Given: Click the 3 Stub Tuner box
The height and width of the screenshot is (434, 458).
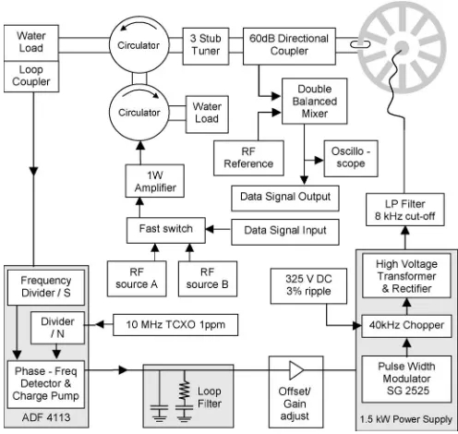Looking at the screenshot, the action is (206, 46).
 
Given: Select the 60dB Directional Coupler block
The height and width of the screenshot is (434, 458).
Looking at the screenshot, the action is (289, 46).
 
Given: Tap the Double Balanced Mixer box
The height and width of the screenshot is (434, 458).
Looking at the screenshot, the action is (314, 102).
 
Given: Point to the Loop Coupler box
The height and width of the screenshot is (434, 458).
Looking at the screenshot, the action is (31, 77).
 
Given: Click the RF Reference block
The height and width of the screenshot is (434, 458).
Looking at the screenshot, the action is (248, 158).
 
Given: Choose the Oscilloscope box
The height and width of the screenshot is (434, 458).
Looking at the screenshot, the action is (351, 158).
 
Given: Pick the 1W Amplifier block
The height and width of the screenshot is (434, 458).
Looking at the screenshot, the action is (154, 181).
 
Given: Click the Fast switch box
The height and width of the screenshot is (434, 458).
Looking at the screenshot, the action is (165, 230).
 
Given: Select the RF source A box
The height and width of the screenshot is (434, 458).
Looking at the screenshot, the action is (137, 279).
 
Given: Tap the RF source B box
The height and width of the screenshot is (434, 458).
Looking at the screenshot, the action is (208, 279).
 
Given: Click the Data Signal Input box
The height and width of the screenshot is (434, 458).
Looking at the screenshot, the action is (285, 232).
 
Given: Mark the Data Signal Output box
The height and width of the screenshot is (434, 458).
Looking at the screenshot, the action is (285, 198).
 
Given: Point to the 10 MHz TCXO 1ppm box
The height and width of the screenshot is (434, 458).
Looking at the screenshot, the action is (175, 325).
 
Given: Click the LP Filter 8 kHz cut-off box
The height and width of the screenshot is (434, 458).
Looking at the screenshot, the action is (404, 210).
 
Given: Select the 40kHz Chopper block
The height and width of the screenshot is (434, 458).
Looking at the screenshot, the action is (406, 326).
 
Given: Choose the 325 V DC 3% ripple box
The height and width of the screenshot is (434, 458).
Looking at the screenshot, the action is (308, 286).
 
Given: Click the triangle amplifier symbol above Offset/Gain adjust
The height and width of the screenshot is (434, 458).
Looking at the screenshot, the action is (296, 370).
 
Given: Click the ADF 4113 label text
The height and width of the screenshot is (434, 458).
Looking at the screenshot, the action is (46, 417).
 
